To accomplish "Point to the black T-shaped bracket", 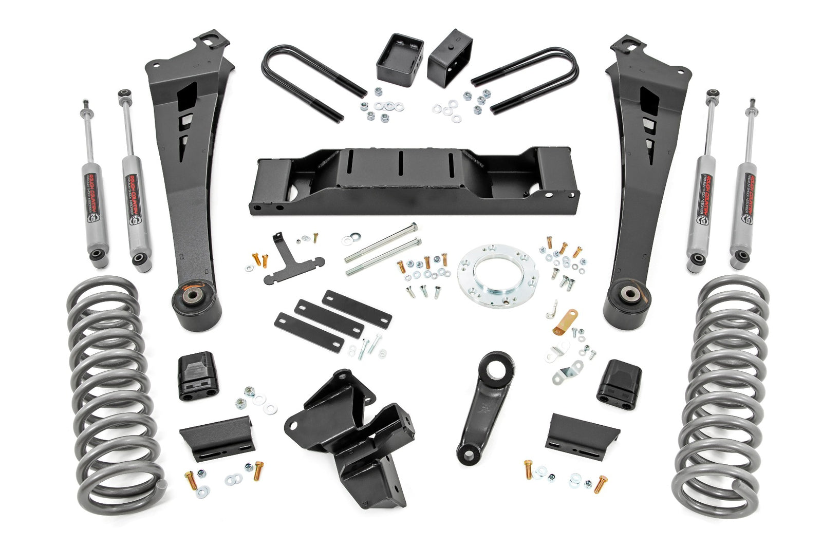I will [x=293, y=262].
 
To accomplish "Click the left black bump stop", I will [x=197, y=375].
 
